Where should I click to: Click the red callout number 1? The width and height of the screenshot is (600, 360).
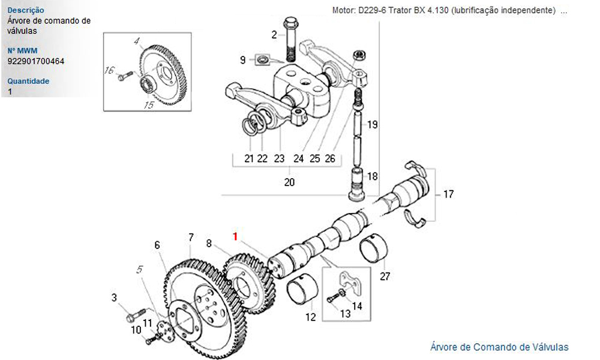(x=235, y=236)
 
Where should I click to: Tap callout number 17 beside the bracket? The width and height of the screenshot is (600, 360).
(x=448, y=194)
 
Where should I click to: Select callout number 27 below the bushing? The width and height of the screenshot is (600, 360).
(x=385, y=276)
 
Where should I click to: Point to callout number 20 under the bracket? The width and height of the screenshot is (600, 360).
(x=289, y=182)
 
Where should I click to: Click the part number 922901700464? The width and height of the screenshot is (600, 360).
(x=36, y=61)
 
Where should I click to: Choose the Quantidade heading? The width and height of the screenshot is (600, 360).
(x=28, y=81)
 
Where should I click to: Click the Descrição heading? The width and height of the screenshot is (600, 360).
(x=26, y=10)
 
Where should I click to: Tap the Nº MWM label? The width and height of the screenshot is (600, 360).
(x=22, y=50)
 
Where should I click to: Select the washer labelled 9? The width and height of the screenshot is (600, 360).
(x=263, y=59)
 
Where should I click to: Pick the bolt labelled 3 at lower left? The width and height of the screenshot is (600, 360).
(x=136, y=314)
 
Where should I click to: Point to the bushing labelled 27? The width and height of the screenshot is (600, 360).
(x=374, y=248)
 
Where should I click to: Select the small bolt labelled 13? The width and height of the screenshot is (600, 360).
(x=335, y=297)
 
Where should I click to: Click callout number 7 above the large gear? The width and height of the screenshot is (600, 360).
(x=191, y=237)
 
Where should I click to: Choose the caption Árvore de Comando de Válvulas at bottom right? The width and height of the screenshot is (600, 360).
(x=499, y=347)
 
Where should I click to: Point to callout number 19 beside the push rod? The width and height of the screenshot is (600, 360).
(x=373, y=124)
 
